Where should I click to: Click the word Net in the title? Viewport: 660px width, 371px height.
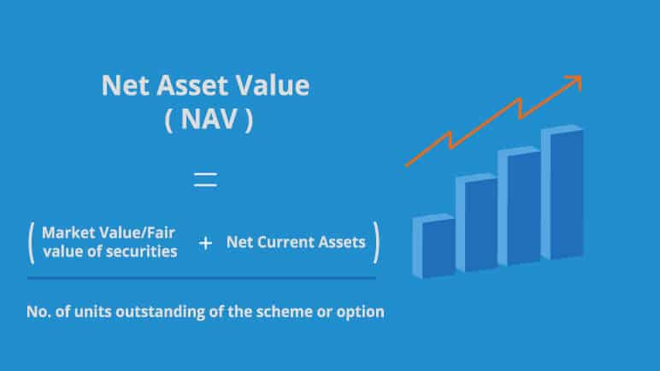point(126,85)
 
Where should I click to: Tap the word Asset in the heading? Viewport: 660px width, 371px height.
point(192,85)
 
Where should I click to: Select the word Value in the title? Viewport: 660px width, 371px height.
point(273,85)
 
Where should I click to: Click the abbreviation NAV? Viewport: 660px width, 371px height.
point(209,119)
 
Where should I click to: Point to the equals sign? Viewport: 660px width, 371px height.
point(205,180)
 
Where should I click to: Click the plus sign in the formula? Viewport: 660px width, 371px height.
point(205,243)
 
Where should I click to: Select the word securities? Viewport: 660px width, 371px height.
point(141,251)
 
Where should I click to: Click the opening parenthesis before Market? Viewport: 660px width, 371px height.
point(31,243)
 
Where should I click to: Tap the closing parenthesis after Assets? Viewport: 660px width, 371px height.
point(376,243)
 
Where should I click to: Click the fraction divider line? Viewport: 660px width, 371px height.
point(202,278)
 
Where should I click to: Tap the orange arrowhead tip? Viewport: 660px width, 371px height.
point(581,76)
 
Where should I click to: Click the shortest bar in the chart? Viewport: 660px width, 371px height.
point(434,246)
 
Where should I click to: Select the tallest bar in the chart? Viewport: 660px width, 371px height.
point(563,192)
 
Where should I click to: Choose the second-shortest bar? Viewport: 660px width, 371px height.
point(476,222)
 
